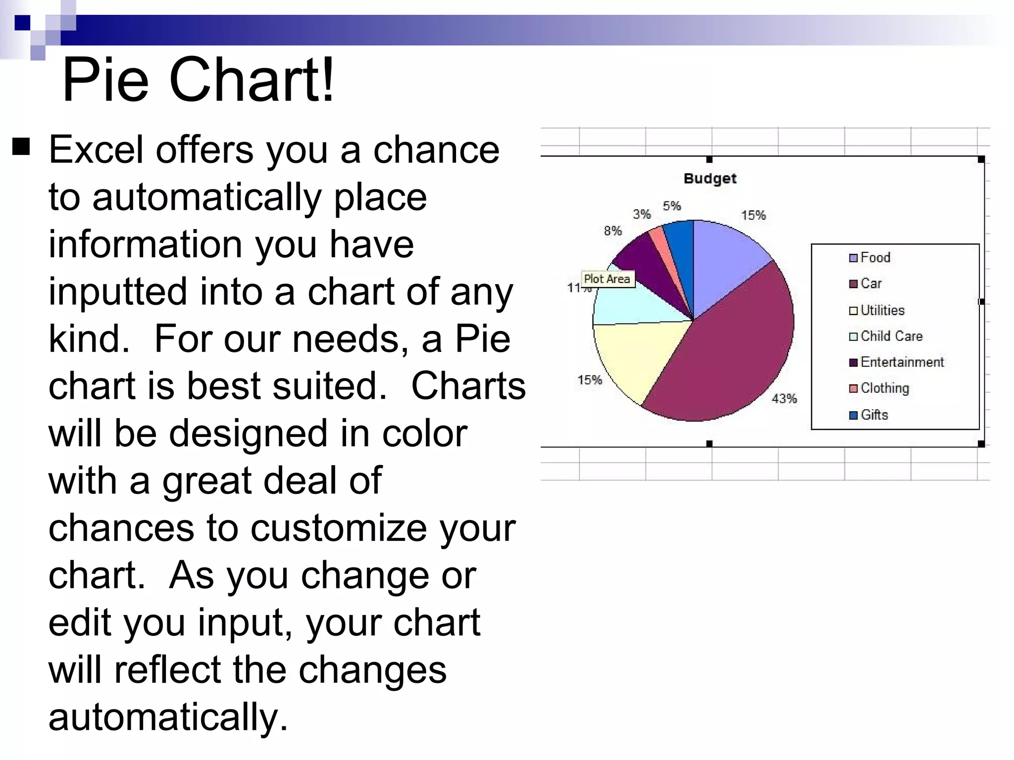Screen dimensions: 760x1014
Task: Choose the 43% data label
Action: (784, 399)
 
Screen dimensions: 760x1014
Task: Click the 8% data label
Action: (613, 231)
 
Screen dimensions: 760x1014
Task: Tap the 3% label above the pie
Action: (642, 214)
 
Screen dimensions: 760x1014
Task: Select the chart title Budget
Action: (710, 179)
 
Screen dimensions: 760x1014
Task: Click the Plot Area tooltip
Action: (607, 279)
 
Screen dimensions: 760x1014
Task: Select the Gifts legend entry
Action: (874, 415)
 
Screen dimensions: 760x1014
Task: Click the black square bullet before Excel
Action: (21, 147)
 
